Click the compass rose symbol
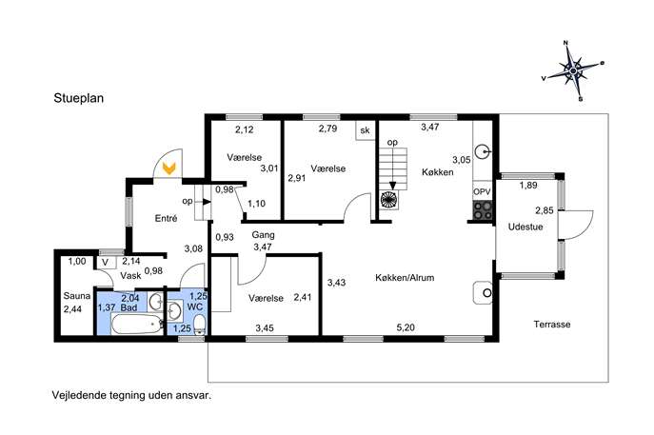click(x=573, y=70)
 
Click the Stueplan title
click(x=78, y=98)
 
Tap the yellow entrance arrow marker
click(x=169, y=168)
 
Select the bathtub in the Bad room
click(x=137, y=324)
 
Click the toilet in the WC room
click(x=200, y=325)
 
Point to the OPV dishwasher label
click(x=482, y=192)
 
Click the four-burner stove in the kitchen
click(x=482, y=209)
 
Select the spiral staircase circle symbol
click(x=389, y=199)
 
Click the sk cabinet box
click(x=365, y=130)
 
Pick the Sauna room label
click(x=77, y=296)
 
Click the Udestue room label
click(x=525, y=227)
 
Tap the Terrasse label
click(x=552, y=324)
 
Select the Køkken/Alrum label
click(x=405, y=278)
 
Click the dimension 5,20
click(x=406, y=327)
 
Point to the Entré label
click(x=166, y=218)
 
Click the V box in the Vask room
click(x=105, y=263)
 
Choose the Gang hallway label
click(x=263, y=235)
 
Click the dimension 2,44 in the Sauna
click(x=72, y=309)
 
